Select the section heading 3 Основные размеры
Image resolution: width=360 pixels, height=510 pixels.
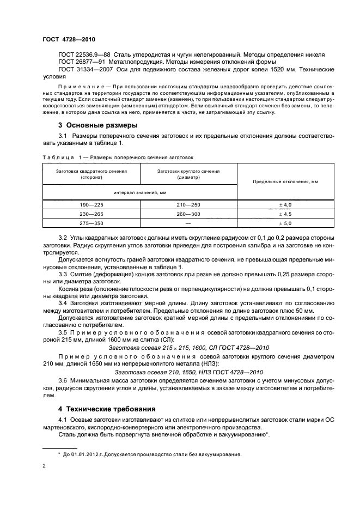pyautogui.click(x=93, y=125)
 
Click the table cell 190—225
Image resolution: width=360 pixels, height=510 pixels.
pyautogui.click(x=91, y=204)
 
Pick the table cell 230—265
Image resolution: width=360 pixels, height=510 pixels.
pyautogui.click(x=91, y=214)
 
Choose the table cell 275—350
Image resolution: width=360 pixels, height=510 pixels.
pyautogui.click(x=91, y=223)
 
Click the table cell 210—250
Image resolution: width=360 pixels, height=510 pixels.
pyautogui.click(x=188, y=204)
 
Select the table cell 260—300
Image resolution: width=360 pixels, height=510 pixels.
pyautogui.click(x=188, y=214)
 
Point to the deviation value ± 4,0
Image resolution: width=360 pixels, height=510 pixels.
pyautogui.click(x=286, y=204)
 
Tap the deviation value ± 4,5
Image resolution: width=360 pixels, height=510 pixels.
pyautogui.click(x=286, y=214)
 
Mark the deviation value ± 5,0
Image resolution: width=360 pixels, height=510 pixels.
pyautogui.click(x=286, y=223)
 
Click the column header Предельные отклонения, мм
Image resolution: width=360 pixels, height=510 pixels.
pyautogui.click(x=286, y=181)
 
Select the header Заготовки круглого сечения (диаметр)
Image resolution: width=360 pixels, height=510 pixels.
pyautogui.click(x=188, y=174)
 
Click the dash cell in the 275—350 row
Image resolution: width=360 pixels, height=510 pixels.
pyautogui.click(x=188, y=223)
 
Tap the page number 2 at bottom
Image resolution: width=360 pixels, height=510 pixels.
pyautogui.click(x=44, y=466)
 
